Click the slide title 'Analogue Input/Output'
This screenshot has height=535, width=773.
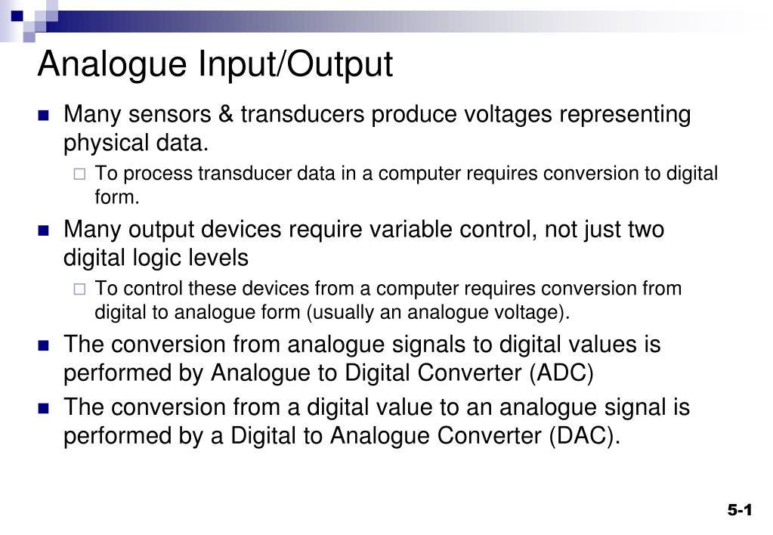(x=215, y=65)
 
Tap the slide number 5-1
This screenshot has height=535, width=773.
(x=741, y=511)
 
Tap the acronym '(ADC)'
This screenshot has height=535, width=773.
(x=561, y=373)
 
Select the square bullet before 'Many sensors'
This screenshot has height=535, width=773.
(x=43, y=116)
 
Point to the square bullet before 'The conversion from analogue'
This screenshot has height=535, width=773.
(x=43, y=345)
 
